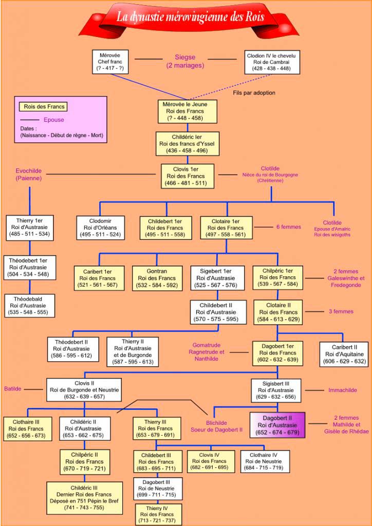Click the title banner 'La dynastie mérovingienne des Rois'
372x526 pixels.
[190, 17]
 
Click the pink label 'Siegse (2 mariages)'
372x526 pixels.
[185, 61]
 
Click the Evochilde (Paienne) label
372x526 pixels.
[29, 175]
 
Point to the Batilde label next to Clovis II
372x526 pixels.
[13, 389]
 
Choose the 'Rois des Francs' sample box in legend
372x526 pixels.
[45, 107]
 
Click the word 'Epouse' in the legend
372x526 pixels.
[54, 120]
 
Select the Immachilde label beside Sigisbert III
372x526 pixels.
[342, 390]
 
